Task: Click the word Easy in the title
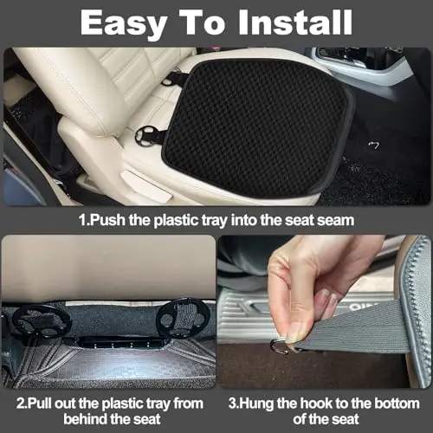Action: click(x=124, y=23)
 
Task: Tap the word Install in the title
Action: click(x=294, y=23)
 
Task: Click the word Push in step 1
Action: click(x=107, y=220)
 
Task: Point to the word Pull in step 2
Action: click(x=40, y=403)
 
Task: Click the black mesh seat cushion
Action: click(x=257, y=127)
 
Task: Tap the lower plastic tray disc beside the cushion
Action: click(x=147, y=136)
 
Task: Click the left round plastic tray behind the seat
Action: click(x=41, y=321)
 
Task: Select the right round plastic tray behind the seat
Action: click(x=183, y=318)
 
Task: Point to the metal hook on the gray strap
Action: click(x=279, y=346)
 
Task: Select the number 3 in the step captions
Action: click(x=232, y=404)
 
